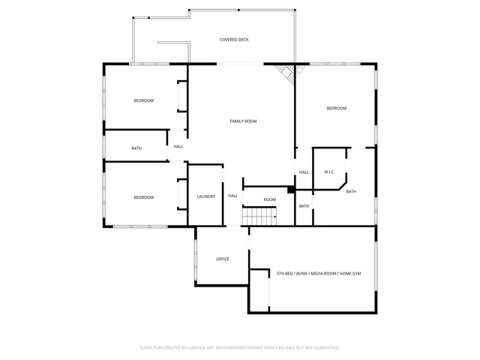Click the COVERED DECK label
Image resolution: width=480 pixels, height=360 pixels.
[x=233, y=39]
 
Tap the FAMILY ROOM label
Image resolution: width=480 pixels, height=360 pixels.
[x=243, y=121]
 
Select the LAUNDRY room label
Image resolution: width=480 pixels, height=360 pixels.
[x=206, y=196]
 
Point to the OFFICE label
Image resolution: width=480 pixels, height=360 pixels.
[x=222, y=259]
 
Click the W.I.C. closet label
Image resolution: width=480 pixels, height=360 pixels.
[x=328, y=172]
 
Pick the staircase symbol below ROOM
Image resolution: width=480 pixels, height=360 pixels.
[x=259, y=217]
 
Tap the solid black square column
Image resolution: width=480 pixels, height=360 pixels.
[x=291, y=190]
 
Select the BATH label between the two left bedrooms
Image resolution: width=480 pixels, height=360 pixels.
[x=136, y=148]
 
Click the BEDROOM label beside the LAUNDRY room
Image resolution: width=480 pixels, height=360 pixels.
[x=143, y=197]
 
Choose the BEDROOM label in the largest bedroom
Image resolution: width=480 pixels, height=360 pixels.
[x=336, y=109]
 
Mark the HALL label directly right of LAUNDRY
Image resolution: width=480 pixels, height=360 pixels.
[x=232, y=196]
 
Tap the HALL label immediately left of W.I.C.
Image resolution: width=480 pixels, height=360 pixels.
[x=304, y=172]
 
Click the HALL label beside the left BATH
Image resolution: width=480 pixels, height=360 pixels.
[x=178, y=146]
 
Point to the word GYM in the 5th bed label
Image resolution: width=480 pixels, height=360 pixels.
[x=356, y=274]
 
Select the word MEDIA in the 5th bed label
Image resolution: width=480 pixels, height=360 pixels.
[x=316, y=274]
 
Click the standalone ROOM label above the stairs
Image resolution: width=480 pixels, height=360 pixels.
[x=269, y=199]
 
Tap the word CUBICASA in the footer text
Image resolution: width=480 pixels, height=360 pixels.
[x=193, y=348]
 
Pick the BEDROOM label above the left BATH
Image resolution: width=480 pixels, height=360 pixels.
[x=143, y=100]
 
